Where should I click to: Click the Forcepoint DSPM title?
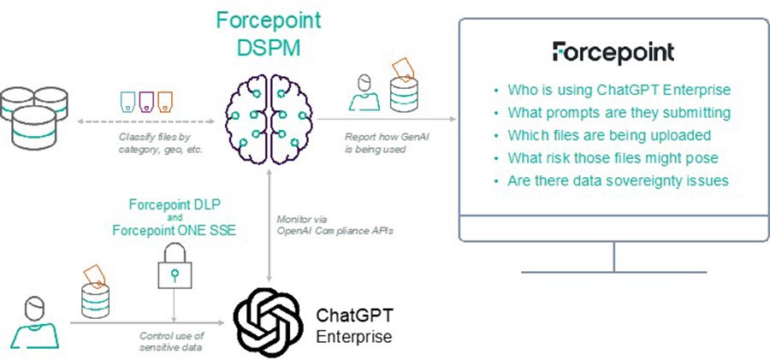coord(269,34)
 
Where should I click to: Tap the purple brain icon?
coord(269,119)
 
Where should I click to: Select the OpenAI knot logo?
coord(268,322)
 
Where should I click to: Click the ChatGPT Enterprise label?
coord(354,325)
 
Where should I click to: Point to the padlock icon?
coord(175,266)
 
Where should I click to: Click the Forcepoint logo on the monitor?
coord(613,52)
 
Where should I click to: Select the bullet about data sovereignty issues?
coord(618,180)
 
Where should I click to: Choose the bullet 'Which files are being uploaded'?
coord(609,135)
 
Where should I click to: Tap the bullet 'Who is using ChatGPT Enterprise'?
coord(619,90)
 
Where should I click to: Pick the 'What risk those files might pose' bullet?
coord(613,158)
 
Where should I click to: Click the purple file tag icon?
coord(146,101)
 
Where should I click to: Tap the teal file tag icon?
coord(127,101)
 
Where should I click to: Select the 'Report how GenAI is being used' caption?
coord(387,144)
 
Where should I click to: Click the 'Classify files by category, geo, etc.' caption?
coord(161,144)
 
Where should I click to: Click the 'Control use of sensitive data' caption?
coord(172,342)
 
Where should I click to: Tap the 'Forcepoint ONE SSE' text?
coord(175,230)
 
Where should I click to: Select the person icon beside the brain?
coord(364,92)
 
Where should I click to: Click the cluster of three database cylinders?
coord(34,118)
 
